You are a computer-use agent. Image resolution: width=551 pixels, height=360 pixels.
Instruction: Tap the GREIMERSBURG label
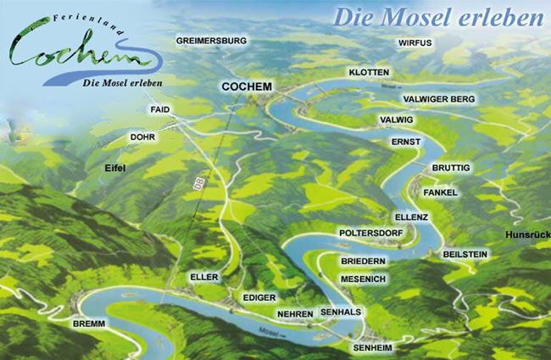click(x=211, y=41)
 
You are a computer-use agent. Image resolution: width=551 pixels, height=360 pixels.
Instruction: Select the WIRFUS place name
click(x=415, y=42)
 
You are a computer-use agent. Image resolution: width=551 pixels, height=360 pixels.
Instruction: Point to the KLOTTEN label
click(x=369, y=73)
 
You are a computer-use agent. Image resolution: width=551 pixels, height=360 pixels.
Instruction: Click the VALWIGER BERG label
click(x=440, y=99)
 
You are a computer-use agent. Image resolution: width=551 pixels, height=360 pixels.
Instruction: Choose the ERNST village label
click(x=406, y=141)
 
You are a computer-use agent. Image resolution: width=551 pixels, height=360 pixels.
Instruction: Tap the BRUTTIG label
click(x=450, y=169)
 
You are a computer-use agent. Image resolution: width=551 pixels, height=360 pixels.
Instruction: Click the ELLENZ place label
click(x=412, y=217)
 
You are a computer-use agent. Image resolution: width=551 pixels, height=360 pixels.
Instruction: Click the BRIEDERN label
click(x=363, y=262)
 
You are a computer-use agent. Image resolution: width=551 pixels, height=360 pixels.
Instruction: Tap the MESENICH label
click(x=364, y=279)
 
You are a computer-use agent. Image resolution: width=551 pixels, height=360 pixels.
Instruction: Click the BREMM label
click(x=90, y=325)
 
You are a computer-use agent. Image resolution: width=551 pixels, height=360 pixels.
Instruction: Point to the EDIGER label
click(x=259, y=298)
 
